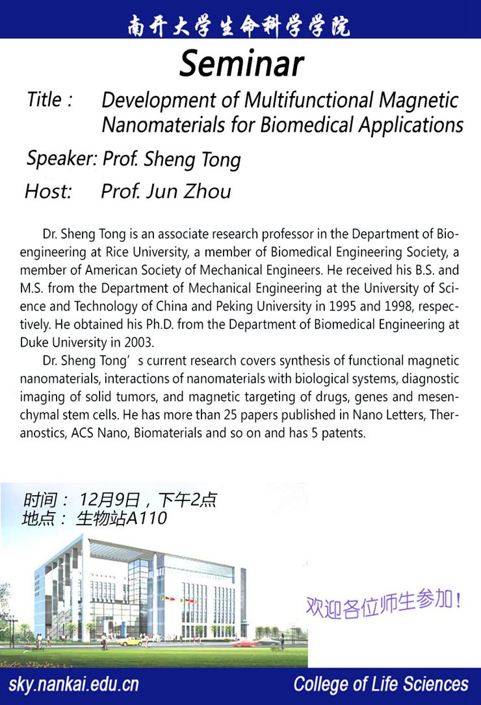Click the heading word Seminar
[241, 64]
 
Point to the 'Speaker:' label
[62, 158]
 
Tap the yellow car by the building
[131, 641]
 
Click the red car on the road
[241, 644]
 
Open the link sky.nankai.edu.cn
[73, 685]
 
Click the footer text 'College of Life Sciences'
[380, 685]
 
